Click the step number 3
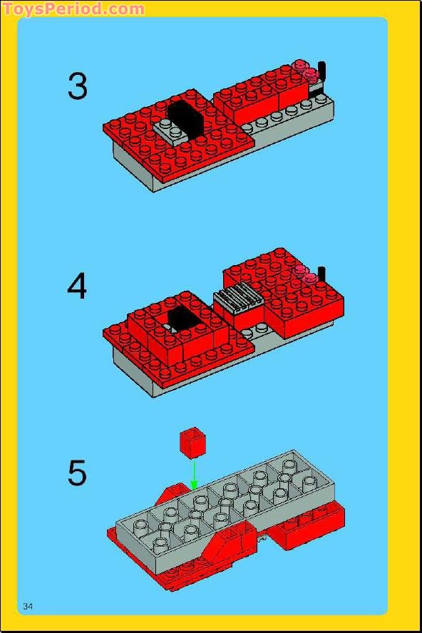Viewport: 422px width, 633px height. tap(78, 86)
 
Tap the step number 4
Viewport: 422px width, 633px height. tap(77, 287)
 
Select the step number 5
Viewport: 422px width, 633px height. tap(77, 473)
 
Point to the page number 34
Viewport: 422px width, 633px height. tap(29, 606)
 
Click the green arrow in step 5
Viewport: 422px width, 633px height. tap(193, 473)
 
